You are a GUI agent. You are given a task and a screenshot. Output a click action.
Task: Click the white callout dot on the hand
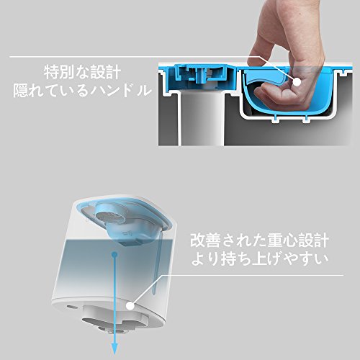297,81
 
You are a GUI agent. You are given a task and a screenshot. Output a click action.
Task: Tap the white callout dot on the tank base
130,306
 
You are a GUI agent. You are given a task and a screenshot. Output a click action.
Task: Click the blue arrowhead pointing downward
115,348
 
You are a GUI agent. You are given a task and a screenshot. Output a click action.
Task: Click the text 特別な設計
83,72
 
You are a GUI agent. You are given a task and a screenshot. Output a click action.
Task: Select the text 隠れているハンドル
83,91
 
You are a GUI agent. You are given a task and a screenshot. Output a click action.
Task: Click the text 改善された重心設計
260,240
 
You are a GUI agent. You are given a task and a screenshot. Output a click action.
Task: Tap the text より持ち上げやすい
260,258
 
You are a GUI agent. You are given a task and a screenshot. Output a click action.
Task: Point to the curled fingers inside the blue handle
276,95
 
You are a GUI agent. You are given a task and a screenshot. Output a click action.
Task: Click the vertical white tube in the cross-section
202,120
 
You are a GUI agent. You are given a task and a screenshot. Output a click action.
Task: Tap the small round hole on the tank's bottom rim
71,307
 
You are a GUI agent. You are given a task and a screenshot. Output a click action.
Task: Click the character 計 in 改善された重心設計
321,240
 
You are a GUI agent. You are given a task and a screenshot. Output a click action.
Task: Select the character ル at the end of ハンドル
145,91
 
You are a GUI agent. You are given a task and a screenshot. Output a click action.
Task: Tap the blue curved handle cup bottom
288,109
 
